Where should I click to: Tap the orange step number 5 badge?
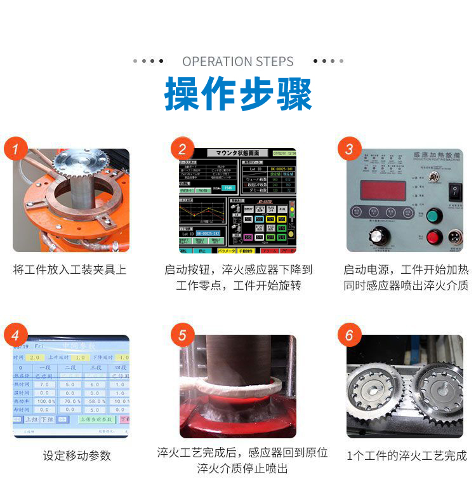(x=183, y=335)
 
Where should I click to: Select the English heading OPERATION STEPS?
(x=238, y=62)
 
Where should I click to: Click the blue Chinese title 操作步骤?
(x=238, y=95)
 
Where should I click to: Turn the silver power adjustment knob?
(x=378, y=235)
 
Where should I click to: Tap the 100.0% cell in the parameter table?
(x=46, y=401)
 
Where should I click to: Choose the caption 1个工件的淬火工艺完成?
(x=406, y=455)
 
